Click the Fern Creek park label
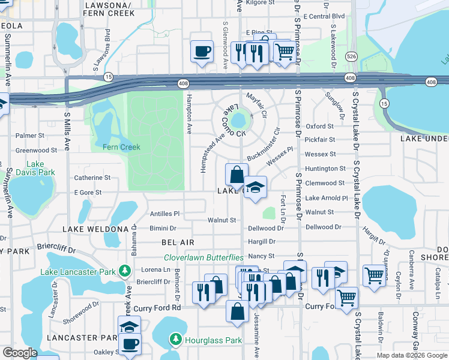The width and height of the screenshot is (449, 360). (121, 147)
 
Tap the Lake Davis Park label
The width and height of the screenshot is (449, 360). (41, 168)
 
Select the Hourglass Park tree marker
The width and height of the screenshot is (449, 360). (175, 340)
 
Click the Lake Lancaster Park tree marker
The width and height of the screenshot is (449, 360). (125, 272)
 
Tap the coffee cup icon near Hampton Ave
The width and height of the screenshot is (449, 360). (202, 50)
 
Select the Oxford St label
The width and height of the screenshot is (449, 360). (319, 127)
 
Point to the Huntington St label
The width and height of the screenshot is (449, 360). (325, 169)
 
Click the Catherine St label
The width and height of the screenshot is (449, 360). (92, 178)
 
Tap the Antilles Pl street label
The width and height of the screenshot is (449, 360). (164, 214)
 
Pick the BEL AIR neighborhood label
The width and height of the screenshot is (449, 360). (178, 242)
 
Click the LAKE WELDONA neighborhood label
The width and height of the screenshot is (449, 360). (95, 229)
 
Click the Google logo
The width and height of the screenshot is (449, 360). (20, 353)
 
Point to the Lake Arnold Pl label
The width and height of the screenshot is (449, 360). (327, 198)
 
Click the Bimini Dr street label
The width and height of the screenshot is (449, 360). (163, 228)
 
